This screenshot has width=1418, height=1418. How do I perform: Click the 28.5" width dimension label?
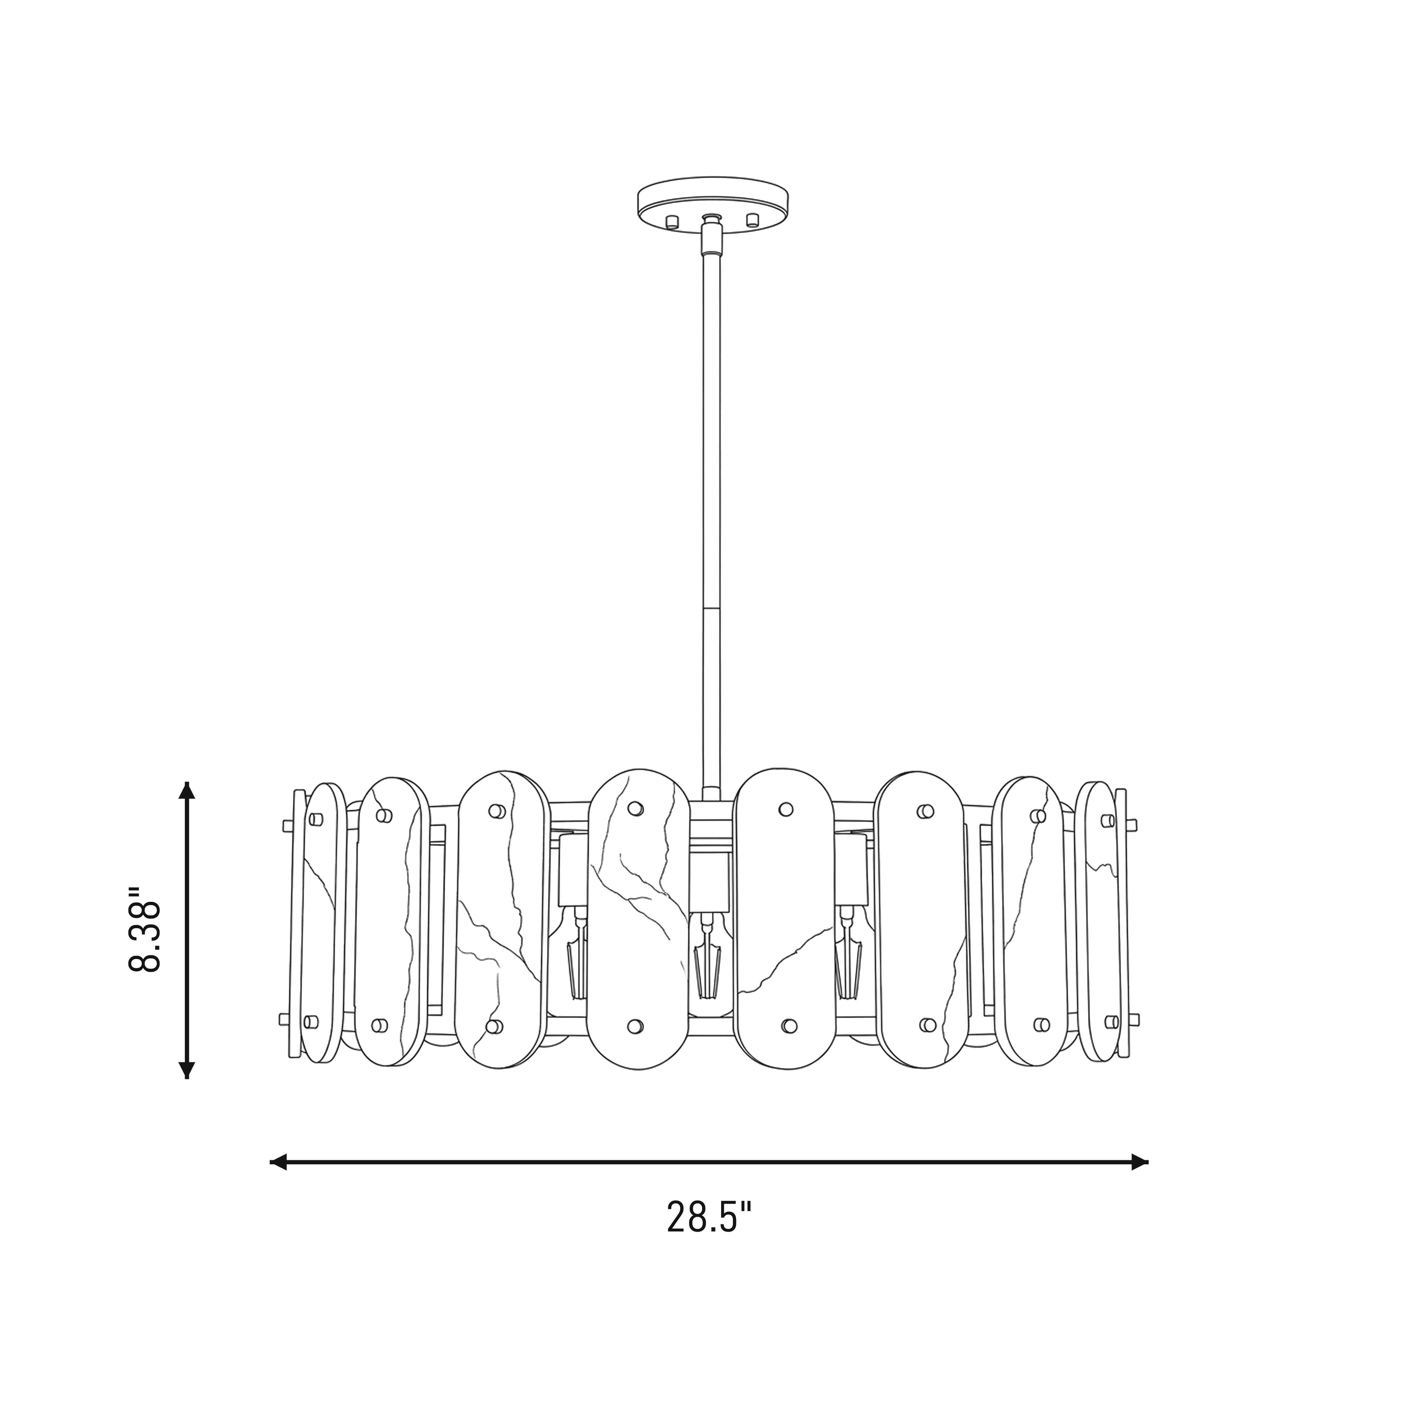(x=709, y=1217)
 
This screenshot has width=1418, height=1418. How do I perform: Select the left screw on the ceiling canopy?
(x=671, y=220)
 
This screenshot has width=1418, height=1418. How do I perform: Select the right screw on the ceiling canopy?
(x=752, y=220)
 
